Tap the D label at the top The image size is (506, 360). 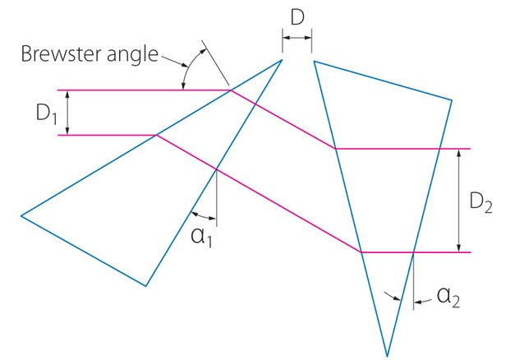[x=296, y=17]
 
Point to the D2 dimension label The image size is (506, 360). [x=482, y=201]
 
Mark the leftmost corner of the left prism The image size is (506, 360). [x=21, y=215]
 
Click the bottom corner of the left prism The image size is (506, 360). [x=145, y=286]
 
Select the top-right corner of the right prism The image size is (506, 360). [x=452, y=100]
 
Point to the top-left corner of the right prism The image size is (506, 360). [x=314, y=59]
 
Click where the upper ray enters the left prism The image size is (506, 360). [x=230, y=90]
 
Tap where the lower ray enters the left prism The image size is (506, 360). [x=155, y=135]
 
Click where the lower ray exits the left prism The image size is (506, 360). [x=216, y=170]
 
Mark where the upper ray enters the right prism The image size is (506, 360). [x=334, y=149]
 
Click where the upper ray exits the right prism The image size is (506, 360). [x=440, y=149]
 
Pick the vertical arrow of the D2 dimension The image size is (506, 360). [x=458, y=201]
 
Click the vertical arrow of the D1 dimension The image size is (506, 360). [x=67, y=112]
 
